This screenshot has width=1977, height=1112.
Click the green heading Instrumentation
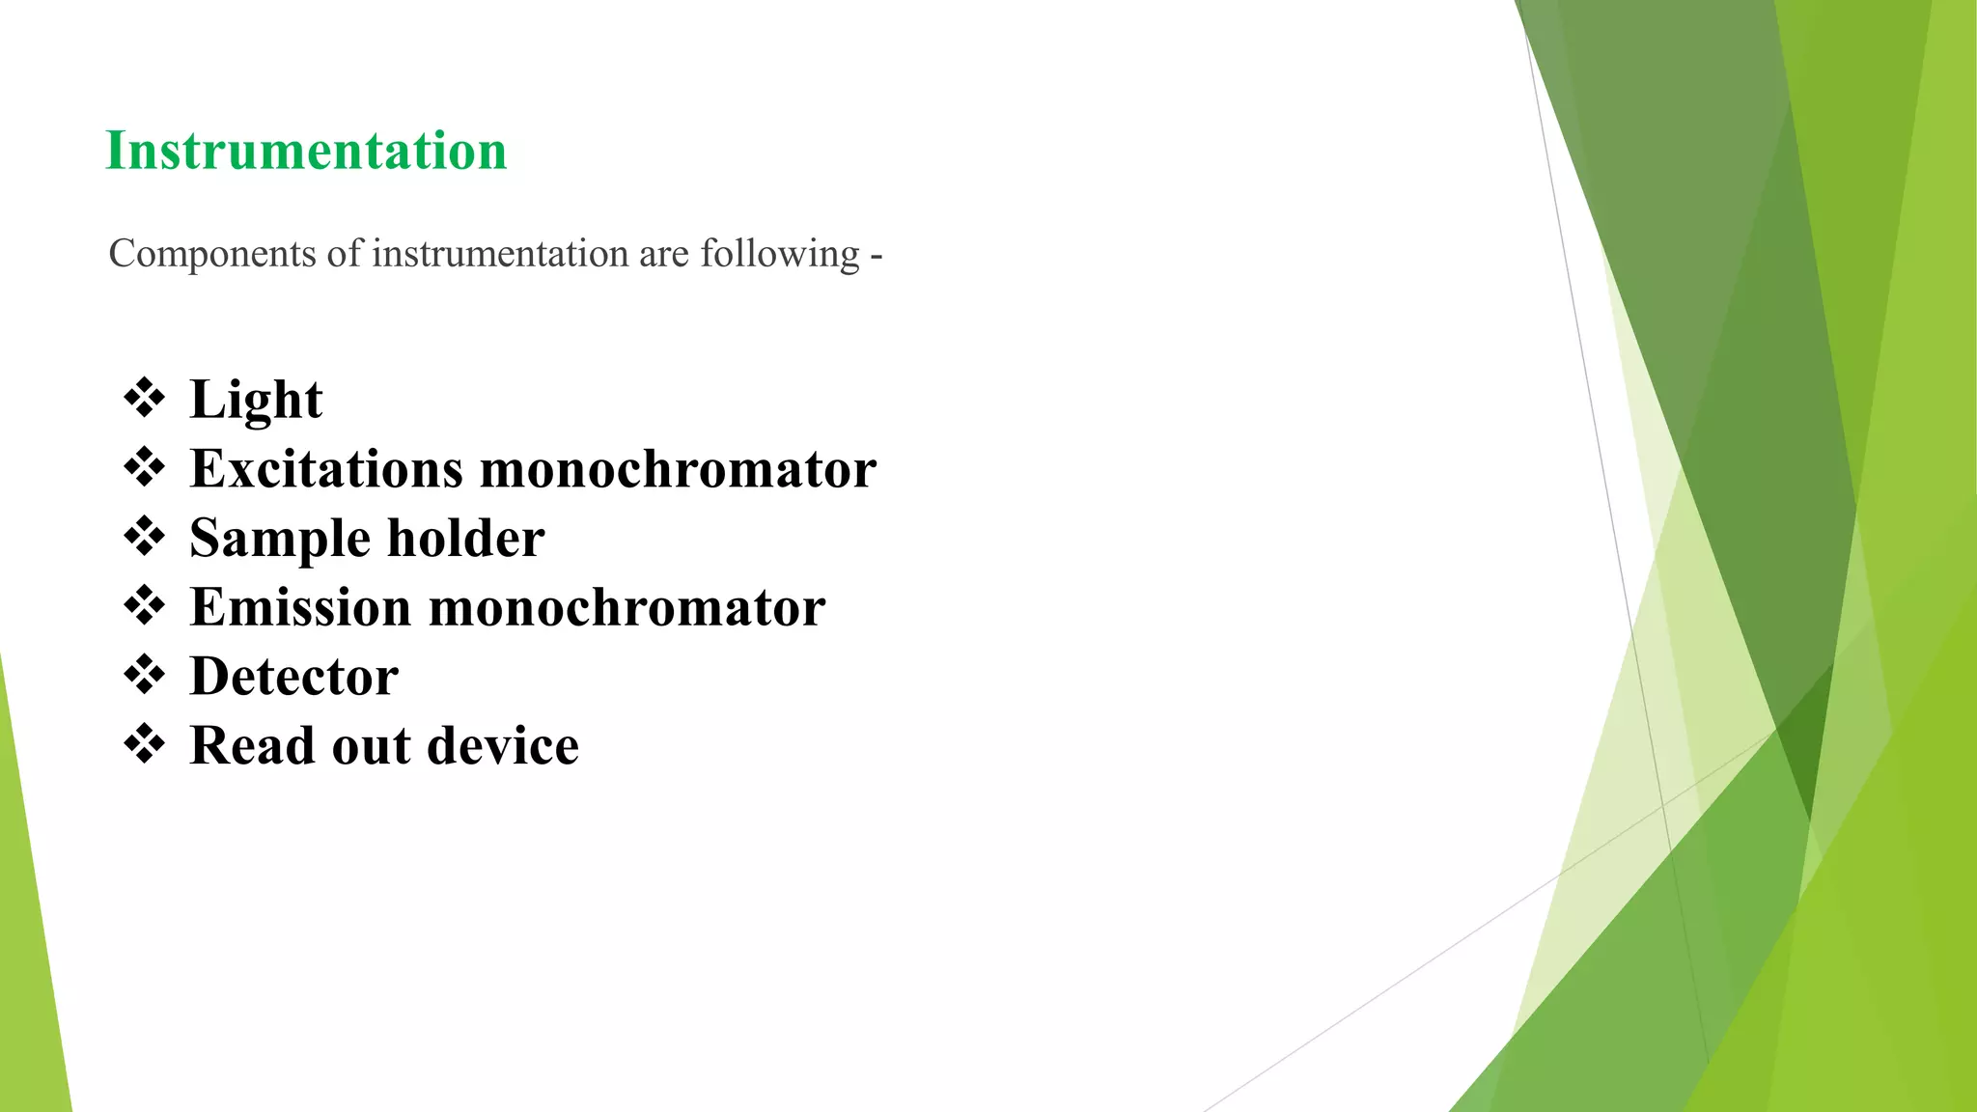(306, 151)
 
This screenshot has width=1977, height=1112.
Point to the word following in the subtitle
(780, 255)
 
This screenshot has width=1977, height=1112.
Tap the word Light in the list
(256, 400)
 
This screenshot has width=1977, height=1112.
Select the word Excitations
(326, 469)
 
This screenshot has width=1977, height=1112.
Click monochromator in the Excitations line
(678, 469)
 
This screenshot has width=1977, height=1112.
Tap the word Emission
(300, 607)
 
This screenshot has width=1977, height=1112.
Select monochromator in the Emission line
(627, 607)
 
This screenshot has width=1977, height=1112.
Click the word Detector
(294, 676)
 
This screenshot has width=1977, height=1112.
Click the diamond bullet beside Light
(145, 399)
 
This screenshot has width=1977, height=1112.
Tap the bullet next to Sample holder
(145, 537)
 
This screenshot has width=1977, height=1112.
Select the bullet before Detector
(145, 675)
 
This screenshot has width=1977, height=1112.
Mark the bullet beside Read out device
(145, 744)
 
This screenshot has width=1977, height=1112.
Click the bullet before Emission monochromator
(145, 606)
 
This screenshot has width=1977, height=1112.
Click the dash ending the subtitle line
(876, 257)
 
